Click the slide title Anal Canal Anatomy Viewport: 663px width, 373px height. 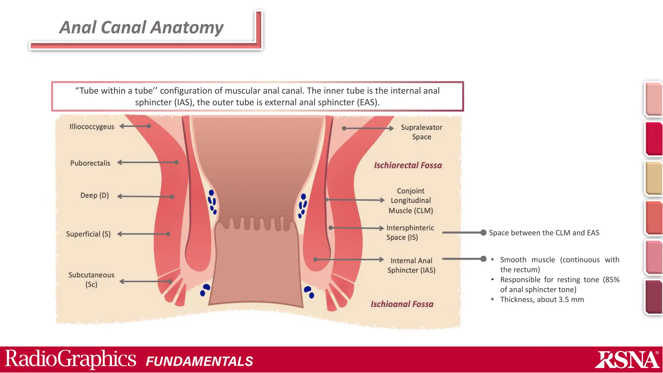tap(141, 27)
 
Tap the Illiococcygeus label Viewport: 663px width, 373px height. tap(92, 127)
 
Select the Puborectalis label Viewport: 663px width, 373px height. tap(90, 163)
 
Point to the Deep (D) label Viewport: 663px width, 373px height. tap(94, 196)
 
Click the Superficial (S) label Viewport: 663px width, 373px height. tap(88, 234)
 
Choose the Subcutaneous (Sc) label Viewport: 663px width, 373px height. tap(91, 280)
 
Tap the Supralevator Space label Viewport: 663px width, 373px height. tap(421, 132)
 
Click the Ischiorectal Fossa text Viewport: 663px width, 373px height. tap(408, 165)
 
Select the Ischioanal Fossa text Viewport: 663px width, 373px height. tap(402, 304)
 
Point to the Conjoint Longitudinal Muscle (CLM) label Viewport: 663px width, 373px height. tap(410, 201)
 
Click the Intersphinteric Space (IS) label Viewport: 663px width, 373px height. tap(410, 232)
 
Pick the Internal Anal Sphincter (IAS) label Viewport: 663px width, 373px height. tap(411, 265)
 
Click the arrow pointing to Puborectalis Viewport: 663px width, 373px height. tap(148, 162)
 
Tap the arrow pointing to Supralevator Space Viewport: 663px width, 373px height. tap(368, 128)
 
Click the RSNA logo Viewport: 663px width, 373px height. tap(627, 360)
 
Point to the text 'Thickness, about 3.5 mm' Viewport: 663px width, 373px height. tap(542, 300)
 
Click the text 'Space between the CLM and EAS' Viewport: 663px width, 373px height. tap(544, 233)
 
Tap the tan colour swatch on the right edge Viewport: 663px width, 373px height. tap(653, 178)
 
